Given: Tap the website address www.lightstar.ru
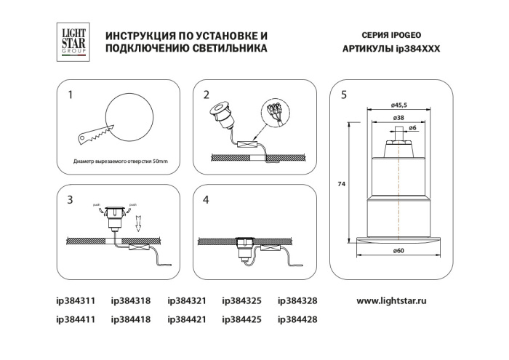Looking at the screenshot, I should point(401,300).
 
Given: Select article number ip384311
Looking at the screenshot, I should point(76,300).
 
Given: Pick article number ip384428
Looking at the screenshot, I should point(297,319).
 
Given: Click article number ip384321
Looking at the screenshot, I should point(187,300).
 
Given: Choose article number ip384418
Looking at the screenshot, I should point(130,319).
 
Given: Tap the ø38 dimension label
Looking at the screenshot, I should point(398,117).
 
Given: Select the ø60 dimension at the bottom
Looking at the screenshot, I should point(398,251).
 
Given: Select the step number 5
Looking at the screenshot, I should point(343,95).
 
